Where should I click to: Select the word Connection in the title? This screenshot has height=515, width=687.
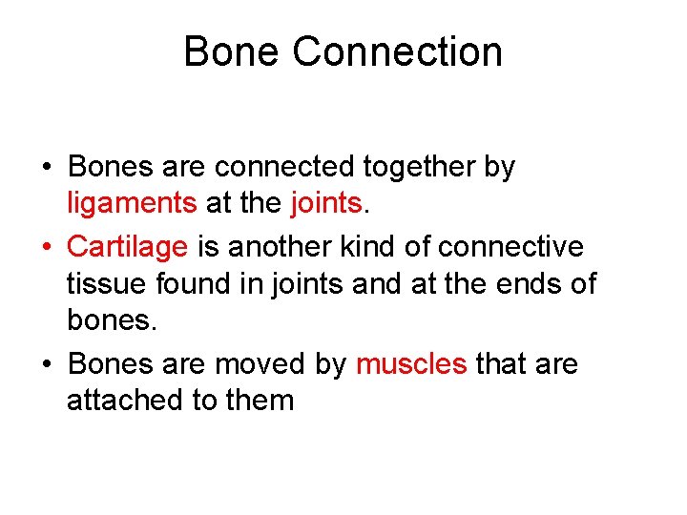[398, 51]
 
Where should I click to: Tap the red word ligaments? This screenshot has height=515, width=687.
[132, 203]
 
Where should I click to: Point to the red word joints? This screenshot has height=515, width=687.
[324, 203]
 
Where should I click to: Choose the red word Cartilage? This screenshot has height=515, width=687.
[128, 247]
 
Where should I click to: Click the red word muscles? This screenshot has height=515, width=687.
[411, 363]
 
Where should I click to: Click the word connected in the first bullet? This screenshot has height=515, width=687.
[284, 168]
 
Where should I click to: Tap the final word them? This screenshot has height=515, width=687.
[260, 400]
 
